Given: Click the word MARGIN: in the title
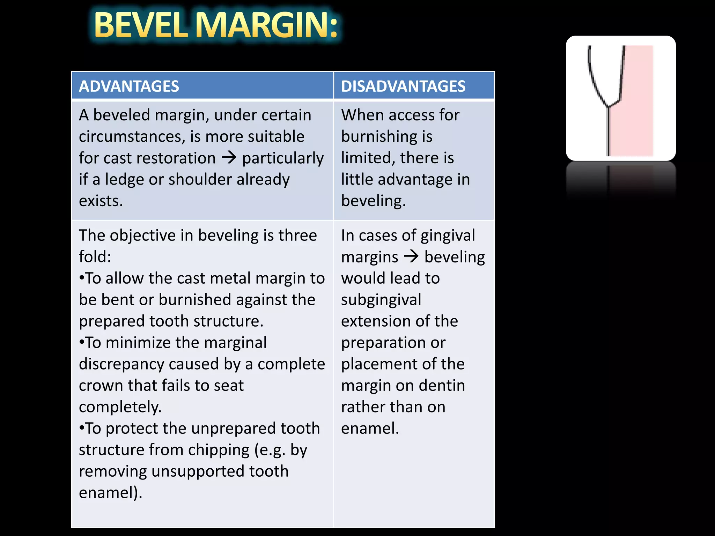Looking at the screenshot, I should click(x=268, y=25).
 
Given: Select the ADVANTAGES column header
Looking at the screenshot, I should click(x=129, y=86).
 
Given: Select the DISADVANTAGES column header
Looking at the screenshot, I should click(x=403, y=86).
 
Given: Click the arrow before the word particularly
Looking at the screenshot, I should click(x=229, y=158).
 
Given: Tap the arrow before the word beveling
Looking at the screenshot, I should click(x=411, y=257).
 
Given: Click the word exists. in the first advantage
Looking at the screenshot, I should click(x=101, y=201).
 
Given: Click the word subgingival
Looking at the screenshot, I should click(x=381, y=300).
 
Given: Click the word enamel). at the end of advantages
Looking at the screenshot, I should click(x=110, y=493).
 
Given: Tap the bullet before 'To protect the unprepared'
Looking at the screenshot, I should click(x=82, y=428).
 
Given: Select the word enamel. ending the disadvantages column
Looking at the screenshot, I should click(x=370, y=429).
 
